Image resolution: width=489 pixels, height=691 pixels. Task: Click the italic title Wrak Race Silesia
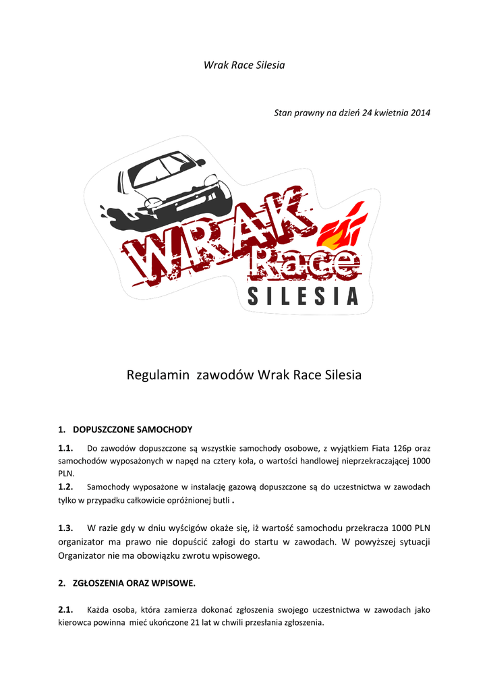(x=244, y=65)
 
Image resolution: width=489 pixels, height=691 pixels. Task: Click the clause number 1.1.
(x=65, y=448)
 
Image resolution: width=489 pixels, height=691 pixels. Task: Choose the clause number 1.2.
(x=65, y=487)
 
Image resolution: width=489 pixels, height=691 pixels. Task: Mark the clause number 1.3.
(x=65, y=528)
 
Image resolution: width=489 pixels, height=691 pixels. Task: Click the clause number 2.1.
(x=65, y=609)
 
